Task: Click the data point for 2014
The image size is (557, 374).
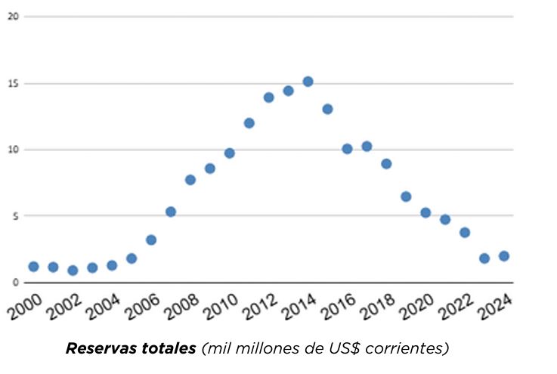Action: (308, 82)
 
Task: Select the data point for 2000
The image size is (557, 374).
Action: (33, 267)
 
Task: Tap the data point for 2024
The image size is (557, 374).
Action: (503, 256)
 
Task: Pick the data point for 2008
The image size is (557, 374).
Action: (190, 180)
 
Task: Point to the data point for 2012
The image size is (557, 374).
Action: (268, 97)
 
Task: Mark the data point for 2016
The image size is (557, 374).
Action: (347, 149)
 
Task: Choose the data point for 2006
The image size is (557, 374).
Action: (151, 240)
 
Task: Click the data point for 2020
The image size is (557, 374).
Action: (425, 213)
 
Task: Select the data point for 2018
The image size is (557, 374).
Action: (386, 164)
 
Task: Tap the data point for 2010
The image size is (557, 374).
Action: (230, 153)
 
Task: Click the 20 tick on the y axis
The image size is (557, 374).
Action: (12, 16)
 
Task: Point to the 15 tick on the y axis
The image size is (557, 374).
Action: (12, 83)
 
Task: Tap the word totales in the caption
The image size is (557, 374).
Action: (166, 348)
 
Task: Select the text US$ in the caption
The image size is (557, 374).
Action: (356, 348)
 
